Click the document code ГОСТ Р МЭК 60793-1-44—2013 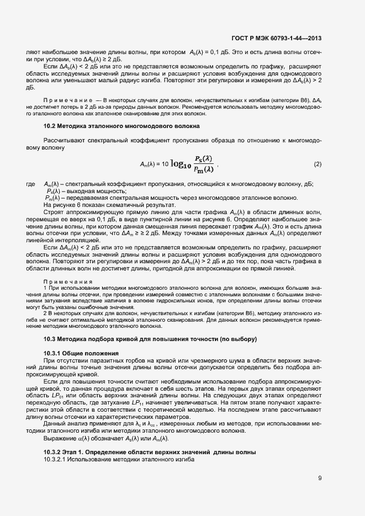pyautogui.click(x=276, y=38)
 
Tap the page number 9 pyautogui.click(x=320, y=478)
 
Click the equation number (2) pyautogui.click(x=318, y=164)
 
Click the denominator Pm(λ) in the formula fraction pyautogui.click(x=200, y=171)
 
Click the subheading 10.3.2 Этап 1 pyautogui.click(x=150, y=452)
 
